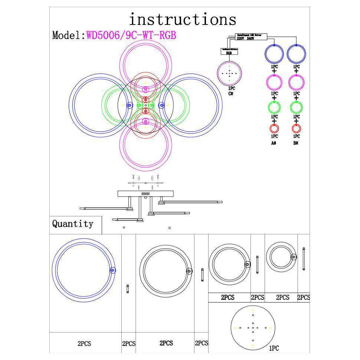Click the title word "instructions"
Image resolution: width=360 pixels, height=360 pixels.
182,19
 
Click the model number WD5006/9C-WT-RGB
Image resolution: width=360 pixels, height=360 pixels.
131,35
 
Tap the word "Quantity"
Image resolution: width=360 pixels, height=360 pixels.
72,224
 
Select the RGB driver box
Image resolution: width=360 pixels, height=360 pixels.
229,52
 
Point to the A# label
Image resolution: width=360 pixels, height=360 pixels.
274,143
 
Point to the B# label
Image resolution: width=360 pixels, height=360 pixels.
296,143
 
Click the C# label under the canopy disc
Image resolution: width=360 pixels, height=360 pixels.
230,94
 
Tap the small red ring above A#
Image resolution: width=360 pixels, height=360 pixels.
274,129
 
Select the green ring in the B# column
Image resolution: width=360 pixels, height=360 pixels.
296,108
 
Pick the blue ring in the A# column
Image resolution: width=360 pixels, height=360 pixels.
274,53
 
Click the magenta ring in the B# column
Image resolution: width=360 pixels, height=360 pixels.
296,81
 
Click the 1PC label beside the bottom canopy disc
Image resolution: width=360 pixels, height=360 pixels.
274,348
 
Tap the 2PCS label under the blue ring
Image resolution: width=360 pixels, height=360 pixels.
84,344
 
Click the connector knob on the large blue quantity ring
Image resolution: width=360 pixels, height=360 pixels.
113,271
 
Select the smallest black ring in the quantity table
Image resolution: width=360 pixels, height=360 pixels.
281,256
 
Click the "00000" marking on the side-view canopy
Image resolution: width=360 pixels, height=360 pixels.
145,194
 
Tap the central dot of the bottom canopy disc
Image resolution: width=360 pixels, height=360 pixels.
253,328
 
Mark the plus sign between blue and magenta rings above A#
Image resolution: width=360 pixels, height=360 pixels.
274,71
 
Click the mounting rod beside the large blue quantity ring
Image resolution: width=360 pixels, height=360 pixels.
128,288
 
